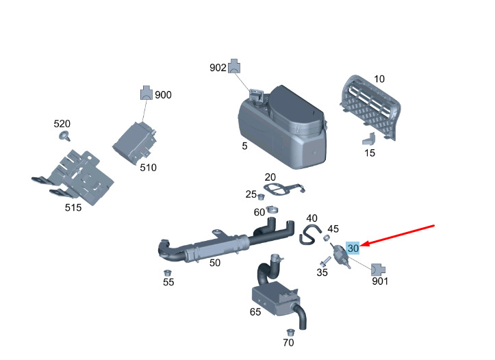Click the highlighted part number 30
(x=353, y=248)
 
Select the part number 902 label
(x=218, y=68)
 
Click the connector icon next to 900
(x=147, y=93)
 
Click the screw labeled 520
(x=65, y=137)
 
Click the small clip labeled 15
(x=367, y=138)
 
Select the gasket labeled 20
(x=281, y=189)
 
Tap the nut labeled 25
(x=261, y=198)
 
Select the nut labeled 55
(x=167, y=272)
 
